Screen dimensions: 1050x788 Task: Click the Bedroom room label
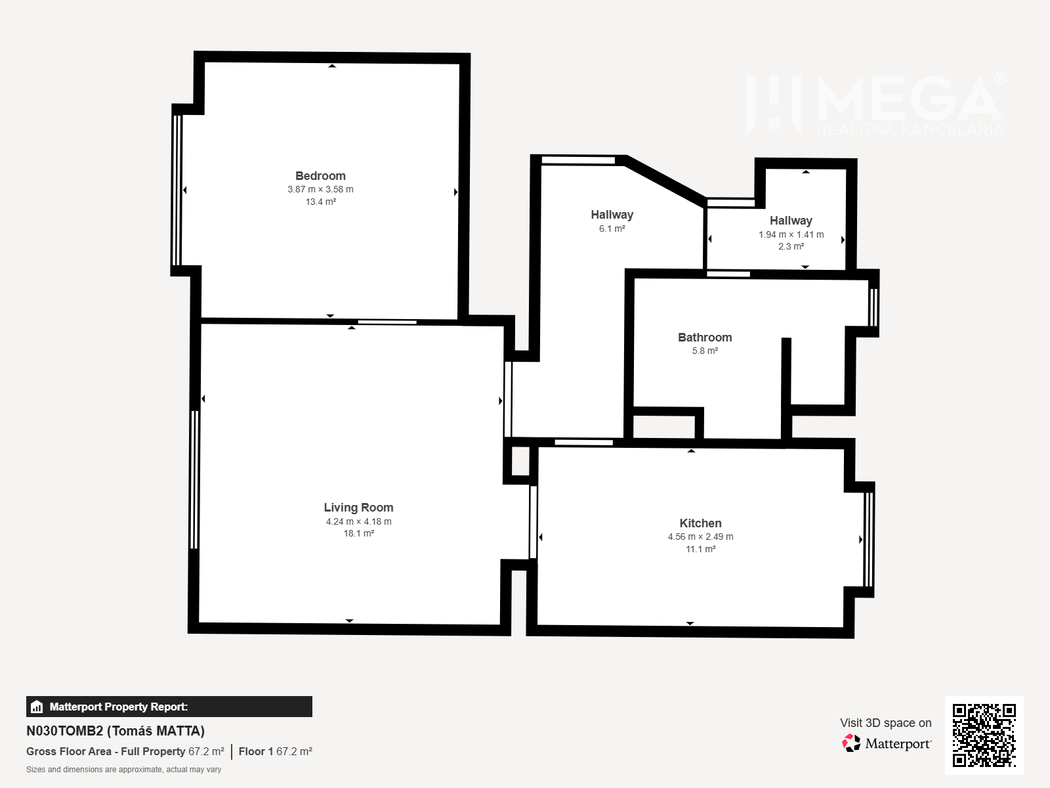coord(320,175)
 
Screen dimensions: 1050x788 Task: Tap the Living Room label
coord(358,507)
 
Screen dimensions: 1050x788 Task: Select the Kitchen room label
coord(700,523)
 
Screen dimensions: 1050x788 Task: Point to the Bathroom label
coord(705,338)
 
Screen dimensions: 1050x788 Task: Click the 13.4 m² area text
coord(320,202)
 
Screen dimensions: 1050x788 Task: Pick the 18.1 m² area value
coord(358,533)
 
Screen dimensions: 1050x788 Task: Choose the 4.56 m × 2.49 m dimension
coord(700,536)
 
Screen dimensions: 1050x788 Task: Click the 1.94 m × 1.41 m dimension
coord(791,234)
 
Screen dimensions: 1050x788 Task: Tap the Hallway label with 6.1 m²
coord(612,215)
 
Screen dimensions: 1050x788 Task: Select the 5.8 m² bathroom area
coord(705,351)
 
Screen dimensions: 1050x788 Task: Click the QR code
coord(984,735)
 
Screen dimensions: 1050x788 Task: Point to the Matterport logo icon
coord(850,743)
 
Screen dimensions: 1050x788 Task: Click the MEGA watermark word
coord(909,98)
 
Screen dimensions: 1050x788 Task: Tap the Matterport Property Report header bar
coord(169,706)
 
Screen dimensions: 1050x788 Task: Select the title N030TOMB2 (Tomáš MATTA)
coord(115,731)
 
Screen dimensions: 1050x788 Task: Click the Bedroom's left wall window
coord(177,190)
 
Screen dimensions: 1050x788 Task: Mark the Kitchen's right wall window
coord(869,539)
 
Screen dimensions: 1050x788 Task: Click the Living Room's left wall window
coord(194,479)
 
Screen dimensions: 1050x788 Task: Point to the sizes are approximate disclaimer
coord(123,770)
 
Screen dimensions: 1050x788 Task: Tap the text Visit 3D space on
coord(885,723)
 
